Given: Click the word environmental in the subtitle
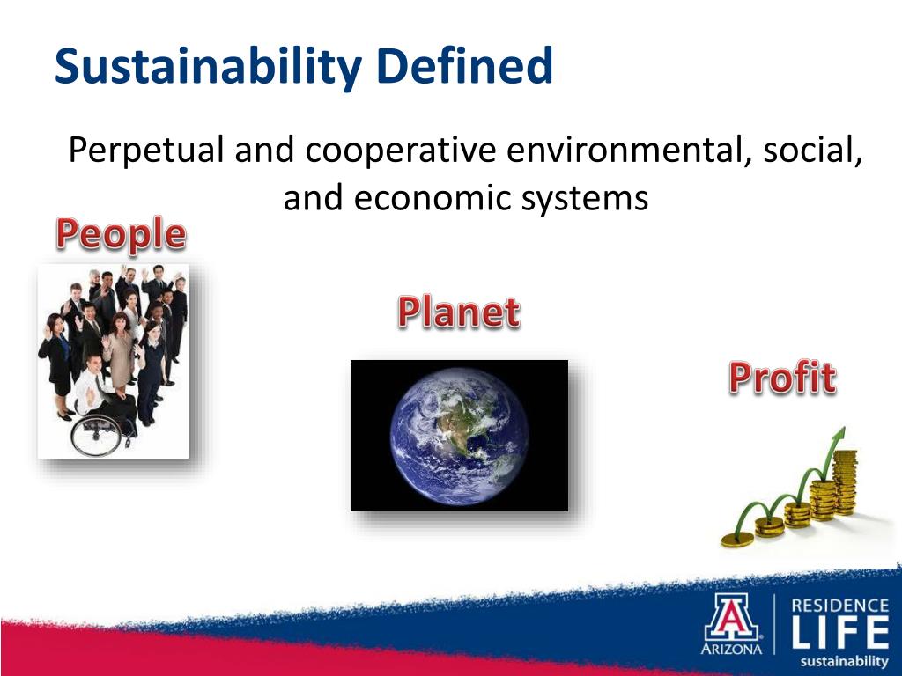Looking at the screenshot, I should click(x=623, y=151).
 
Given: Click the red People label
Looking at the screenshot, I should click(x=121, y=235).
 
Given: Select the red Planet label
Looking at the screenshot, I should click(x=458, y=312).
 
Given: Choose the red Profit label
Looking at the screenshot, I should click(x=782, y=378).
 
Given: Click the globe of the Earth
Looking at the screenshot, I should click(x=459, y=436).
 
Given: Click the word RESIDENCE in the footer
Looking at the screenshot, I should click(x=840, y=606).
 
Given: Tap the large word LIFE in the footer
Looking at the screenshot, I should click(x=840, y=633).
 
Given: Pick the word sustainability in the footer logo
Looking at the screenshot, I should click(x=843, y=661).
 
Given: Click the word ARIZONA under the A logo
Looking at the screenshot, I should click(x=731, y=650).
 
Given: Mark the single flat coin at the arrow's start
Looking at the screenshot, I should click(x=738, y=539).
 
